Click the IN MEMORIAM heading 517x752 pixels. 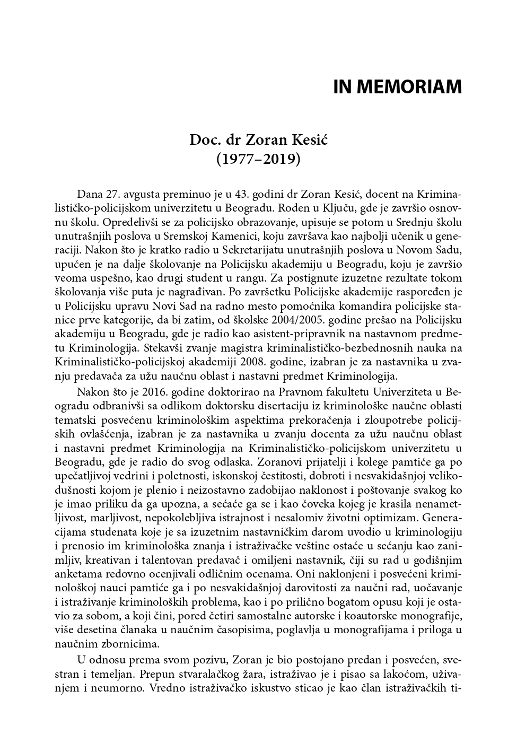coord(397,87)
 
